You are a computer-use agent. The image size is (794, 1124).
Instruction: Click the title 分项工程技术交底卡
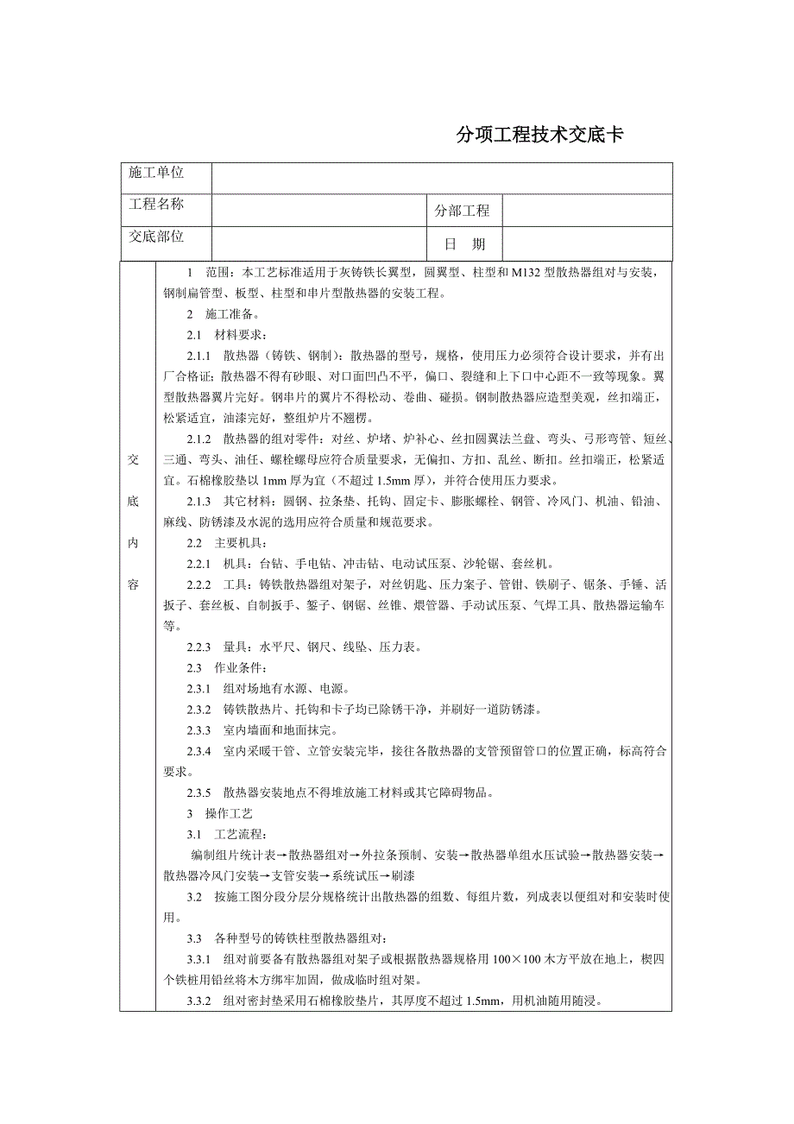tap(539, 136)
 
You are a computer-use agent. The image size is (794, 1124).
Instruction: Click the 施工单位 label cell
tap(157, 174)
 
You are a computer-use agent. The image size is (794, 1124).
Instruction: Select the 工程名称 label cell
tap(157, 205)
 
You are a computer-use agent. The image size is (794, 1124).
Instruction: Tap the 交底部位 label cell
tap(157, 237)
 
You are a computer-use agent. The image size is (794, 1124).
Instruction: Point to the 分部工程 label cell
tap(463, 211)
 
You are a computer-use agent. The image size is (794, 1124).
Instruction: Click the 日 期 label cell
tap(464, 244)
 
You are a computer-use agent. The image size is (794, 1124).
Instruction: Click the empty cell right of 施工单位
tap(442, 178)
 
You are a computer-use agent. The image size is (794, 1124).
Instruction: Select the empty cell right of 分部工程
tap(587, 211)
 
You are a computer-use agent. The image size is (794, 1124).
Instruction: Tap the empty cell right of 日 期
tap(587, 243)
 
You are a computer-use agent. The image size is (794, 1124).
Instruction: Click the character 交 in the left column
tap(134, 458)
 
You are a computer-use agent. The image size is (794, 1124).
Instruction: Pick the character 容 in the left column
tap(134, 584)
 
